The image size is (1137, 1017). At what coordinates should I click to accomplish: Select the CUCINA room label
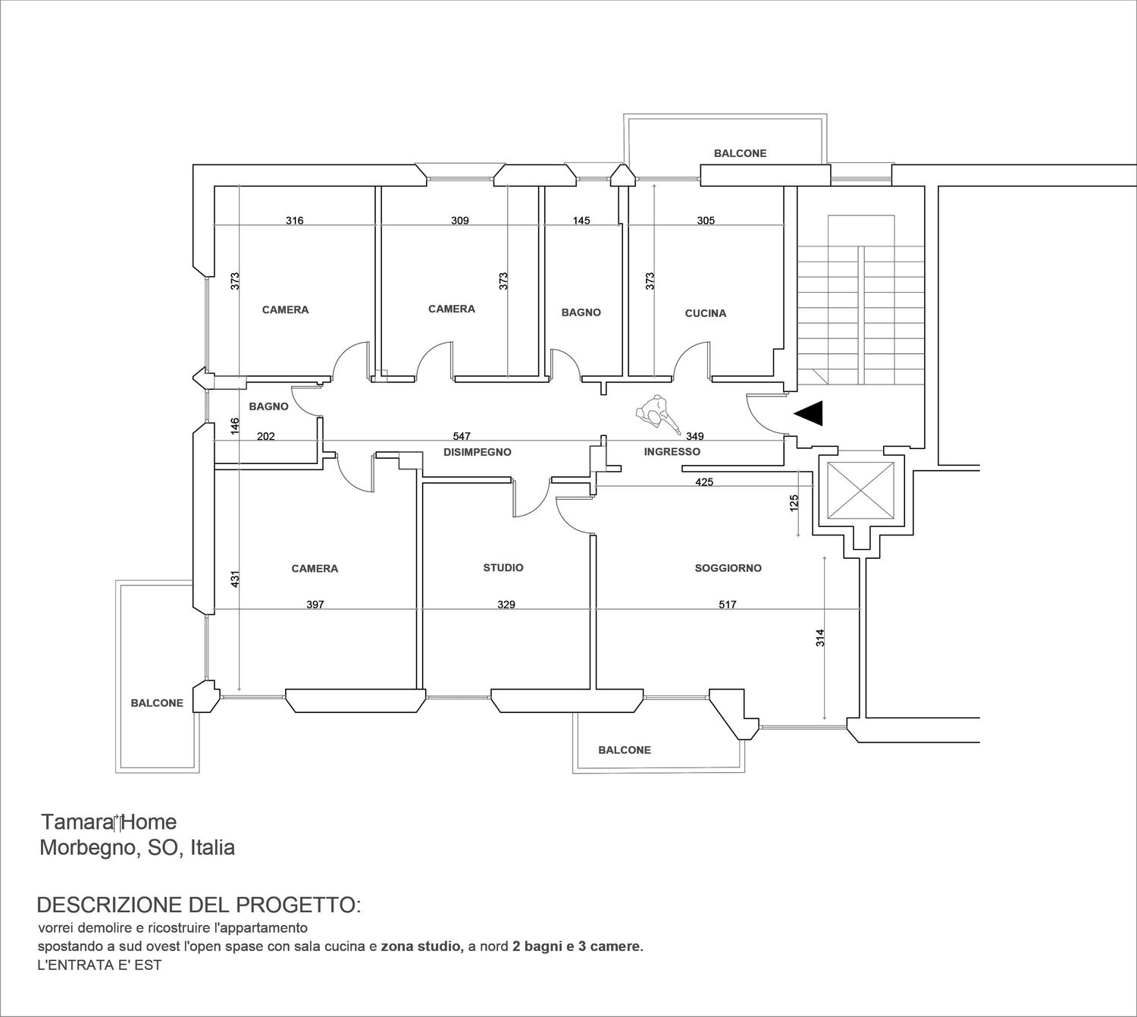pyautogui.click(x=706, y=313)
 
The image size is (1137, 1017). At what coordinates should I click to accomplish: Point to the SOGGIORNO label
pyautogui.click(x=728, y=568)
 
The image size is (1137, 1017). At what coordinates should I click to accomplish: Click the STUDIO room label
pyautogui.click(x=503, y=568)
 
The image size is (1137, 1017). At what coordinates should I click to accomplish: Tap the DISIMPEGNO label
pyautogui.click(x=477, y=452)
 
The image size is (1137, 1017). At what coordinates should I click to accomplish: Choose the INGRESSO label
pyautogui.click(x=672, y=451)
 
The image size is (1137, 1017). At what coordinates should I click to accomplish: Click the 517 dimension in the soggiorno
pyautogui.click(x=728, y=604)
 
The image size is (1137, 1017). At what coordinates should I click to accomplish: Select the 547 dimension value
pyautogui.click(x=462, y=436)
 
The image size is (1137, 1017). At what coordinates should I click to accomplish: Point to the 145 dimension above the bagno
pyautogui.click(x=581, y=221)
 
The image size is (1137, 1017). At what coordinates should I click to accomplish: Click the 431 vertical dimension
pyautogui.click(x=235, y=579)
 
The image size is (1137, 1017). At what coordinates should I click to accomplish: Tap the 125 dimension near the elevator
pyautogui.click(x=794, y=502)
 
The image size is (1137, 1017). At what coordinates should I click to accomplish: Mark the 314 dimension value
pyautogui.click(x=820, y=638)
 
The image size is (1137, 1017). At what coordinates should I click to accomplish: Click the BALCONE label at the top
pyautogui.click(x=740, y=153)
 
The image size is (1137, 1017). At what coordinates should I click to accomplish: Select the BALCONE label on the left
pyautogui.click(x=157, y=703)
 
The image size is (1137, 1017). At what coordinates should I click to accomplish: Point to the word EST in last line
pyautogui.click(x=150, y=965)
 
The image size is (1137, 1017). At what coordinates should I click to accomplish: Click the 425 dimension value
pyautogui.click(x=703, y=482)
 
